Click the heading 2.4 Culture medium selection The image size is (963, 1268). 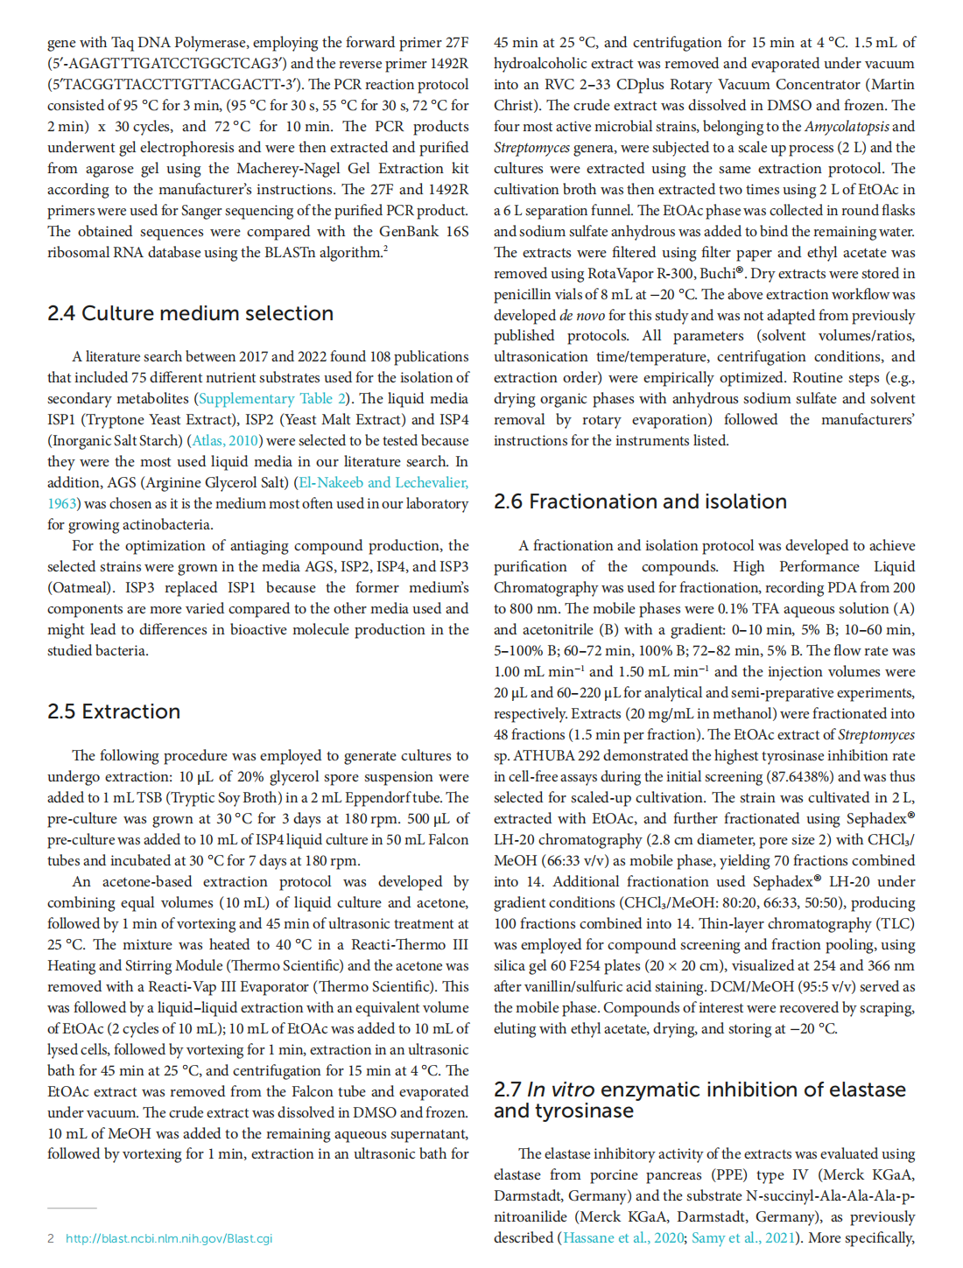[190, 313]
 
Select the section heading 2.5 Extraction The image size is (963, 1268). [114, 711]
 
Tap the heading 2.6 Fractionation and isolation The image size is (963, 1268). [640, 501]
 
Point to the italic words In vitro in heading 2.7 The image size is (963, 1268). [560, 1089]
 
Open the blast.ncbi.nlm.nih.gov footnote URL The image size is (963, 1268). [169, 1238]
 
